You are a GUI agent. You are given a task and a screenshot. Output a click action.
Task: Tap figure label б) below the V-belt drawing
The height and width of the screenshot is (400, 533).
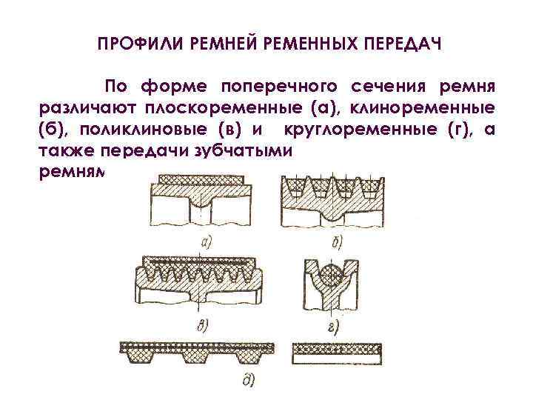(335, 239)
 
